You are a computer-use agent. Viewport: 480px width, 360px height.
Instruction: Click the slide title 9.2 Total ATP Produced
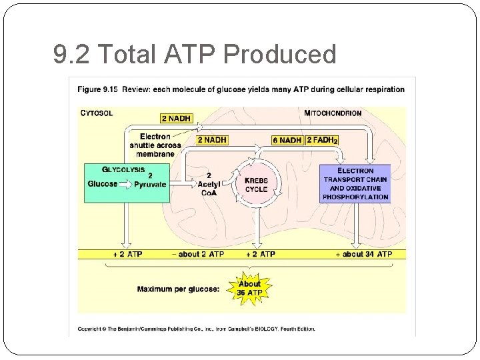[195, 54]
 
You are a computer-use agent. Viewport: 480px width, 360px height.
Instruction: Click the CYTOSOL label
[97, 113]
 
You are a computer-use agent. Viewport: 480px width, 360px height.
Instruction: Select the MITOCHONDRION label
[333, 113]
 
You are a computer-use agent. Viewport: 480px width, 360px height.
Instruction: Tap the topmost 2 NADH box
[176, 119]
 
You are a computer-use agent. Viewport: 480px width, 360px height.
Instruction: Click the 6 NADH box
[287, 141]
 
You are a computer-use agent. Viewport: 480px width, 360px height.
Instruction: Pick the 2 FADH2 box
[321, 141]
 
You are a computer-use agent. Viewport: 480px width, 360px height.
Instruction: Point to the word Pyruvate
[150, 185]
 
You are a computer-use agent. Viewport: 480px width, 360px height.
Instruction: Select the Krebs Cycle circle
[256, 185]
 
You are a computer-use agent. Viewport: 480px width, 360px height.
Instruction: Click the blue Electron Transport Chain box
[355, 183]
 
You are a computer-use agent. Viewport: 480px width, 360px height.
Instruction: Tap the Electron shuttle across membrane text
[155, 145]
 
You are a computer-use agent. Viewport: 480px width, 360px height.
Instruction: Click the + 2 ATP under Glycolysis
[127, 254]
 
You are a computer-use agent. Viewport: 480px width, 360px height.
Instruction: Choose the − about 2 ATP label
[197, 254]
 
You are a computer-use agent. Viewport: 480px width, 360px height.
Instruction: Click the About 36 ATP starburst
[249, 288]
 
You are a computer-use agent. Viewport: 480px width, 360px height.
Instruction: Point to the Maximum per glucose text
[178, 289]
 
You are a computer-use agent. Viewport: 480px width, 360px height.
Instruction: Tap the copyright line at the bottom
[196, 328]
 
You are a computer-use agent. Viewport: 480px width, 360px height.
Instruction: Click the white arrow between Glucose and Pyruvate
[126, 185]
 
